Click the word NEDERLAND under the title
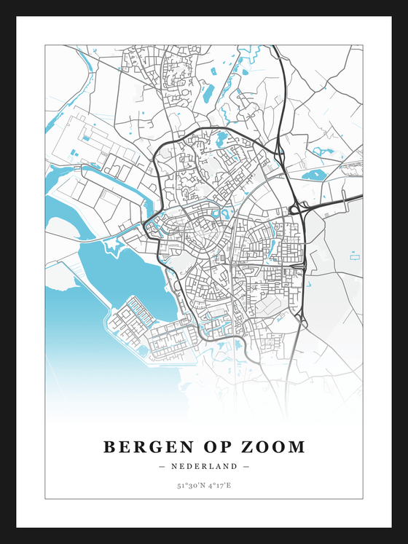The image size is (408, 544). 204,467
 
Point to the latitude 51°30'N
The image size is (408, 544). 190,484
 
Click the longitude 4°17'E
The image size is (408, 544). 219,484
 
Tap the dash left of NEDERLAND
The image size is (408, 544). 161,467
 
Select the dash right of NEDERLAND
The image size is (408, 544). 246,467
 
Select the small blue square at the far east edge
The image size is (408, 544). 355,256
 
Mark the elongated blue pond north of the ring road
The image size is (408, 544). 208,92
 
